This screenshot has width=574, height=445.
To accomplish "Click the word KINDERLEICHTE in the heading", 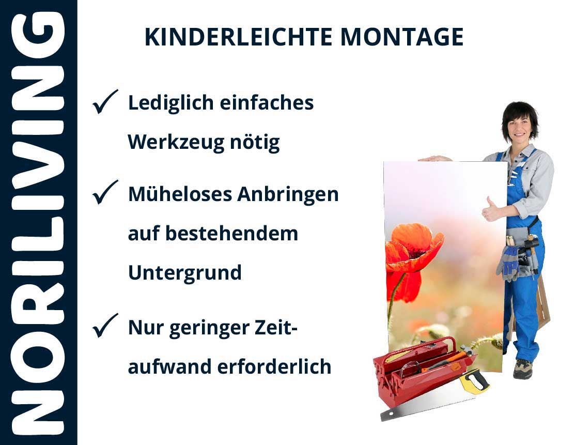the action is [238, 37].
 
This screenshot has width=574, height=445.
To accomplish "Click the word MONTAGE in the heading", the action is [402, 37].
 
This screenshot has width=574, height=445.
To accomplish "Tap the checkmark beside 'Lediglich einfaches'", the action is [105, 102].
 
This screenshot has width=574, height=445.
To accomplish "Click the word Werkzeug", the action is [176, 142].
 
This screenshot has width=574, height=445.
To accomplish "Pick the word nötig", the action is [255, 142].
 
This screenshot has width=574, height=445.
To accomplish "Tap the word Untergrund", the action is [185, 273].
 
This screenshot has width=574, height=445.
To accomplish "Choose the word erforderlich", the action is [274, 366].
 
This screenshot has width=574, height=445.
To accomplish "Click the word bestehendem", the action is [232, 233].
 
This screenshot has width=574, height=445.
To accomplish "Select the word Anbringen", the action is [288, 194].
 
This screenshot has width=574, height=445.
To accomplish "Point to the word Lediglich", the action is [170, 103].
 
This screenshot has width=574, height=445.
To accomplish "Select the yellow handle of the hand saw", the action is [474, 381].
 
